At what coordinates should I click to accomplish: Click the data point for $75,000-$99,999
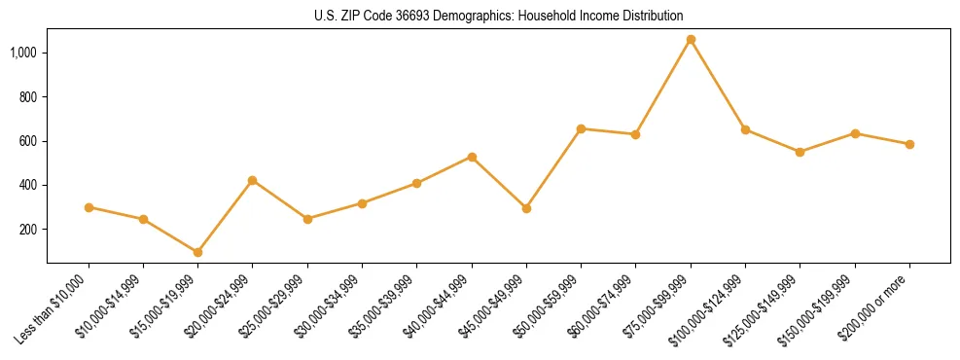[x=691, y=40]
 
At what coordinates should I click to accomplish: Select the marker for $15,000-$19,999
[x=197, y=252]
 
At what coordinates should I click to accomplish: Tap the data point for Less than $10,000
[x=89, y=207]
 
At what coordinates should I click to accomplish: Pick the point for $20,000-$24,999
[x=252, y=180]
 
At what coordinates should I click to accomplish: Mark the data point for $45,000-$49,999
[x=526, y=208]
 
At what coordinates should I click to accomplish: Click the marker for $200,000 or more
[x=909, y=144]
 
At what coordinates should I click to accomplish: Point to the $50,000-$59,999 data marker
[x=581, y=128]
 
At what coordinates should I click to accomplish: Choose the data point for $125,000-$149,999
[x=800, y=152]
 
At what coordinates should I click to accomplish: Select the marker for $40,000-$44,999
[x=472, y=157]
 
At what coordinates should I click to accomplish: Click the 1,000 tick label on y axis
[x=24, y=53]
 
